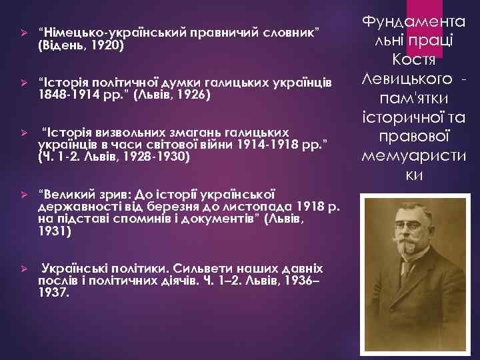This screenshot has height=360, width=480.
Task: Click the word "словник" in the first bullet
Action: point(293,32)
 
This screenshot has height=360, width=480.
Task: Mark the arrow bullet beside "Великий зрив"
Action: point(23,195)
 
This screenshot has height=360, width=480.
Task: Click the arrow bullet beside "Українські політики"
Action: point(23,269)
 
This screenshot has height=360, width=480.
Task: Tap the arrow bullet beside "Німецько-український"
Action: point(23,33)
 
